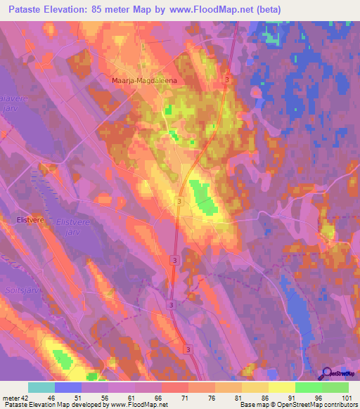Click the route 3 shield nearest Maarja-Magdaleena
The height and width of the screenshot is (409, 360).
227,81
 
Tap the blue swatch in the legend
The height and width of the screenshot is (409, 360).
68,387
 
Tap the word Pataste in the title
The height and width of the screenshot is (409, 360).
24,10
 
